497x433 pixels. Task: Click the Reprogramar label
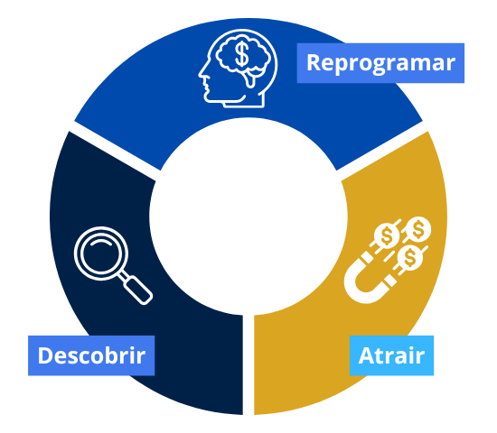pyautogui.click(x=380, y=63)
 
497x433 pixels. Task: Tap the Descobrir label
pyautogui.click(x=91, y=355)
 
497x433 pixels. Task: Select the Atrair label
pyautogui.click(x=391, y=355)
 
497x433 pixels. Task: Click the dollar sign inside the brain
pyautogui.click(x=242, y=54)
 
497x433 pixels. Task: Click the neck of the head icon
pyautogui.click(x=244, y=102)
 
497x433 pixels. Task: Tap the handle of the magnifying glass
pyautogui.click(x=138, y=290)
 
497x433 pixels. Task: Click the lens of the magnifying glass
pyautogui.click(x=101, y=253)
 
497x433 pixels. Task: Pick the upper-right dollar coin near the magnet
pyautogui.click(x=418, y=229)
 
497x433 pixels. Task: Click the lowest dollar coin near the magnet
pyautogui.click(x=410, y=257)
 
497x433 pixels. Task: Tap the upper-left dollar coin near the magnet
pyautogui.click(x=387, y=235)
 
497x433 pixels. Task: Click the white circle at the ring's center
pyautogui.click(x=248, y=216)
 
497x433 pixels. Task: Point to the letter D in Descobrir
pyautogui.click(x=45, y=355)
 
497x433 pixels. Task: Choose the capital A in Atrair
pyautogui.click(x=367, y=355)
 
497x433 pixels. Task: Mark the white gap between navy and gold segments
pyautogui.click(x=248, y=364)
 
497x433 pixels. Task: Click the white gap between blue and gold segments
pyautogui.click(x=382, y=151)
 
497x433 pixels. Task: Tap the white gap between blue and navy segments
pyautogui.click(x=115, y=151)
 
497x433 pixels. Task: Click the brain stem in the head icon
pyautogui.click(x=250, y=79)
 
